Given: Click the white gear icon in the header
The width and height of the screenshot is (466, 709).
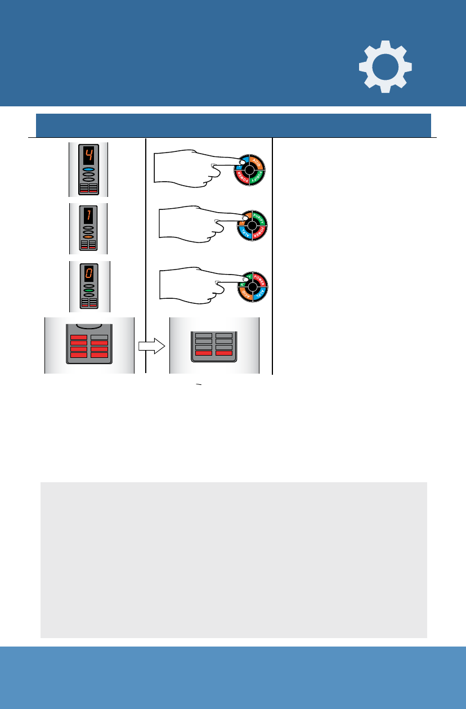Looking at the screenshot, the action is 386,66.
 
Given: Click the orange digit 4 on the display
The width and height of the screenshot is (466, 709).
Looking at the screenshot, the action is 88,155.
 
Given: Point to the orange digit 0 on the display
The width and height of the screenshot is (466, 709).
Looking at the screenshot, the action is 88,273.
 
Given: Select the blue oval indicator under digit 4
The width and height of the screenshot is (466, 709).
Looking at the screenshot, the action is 88,169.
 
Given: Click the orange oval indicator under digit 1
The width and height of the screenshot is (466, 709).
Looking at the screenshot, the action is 88,237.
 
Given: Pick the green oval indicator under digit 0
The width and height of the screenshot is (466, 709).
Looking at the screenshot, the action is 88,291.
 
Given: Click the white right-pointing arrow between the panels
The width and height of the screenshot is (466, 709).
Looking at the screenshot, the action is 151,346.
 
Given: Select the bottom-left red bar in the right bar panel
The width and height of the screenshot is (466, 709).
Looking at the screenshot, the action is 203,353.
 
